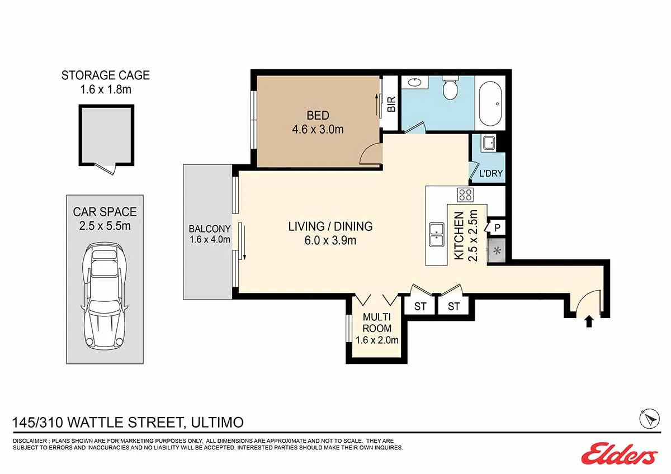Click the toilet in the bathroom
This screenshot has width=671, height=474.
(x=450, y=87)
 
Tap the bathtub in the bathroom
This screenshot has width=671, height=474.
(x=490, y=103)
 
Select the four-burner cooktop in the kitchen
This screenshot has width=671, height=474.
(x=465, y=195)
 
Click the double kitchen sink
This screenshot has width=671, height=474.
(x=437, y=234)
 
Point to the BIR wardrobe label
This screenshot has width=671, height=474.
(x=391, y=104)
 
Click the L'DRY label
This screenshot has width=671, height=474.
(x=491, y=173)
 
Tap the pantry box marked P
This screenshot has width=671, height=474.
(x=497, y=228)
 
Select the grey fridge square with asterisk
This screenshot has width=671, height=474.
(x=497, y=250)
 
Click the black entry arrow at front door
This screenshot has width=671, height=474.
(x=589, y=322)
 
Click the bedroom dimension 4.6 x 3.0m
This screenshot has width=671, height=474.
(x=318, y=129)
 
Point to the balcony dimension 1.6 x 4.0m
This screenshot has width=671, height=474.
(x=210, y=239)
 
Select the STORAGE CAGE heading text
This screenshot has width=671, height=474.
(x=106, y=75)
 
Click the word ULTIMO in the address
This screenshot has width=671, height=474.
(x=217, y=423)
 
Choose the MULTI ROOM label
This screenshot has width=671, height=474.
(x=377, y=323)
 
